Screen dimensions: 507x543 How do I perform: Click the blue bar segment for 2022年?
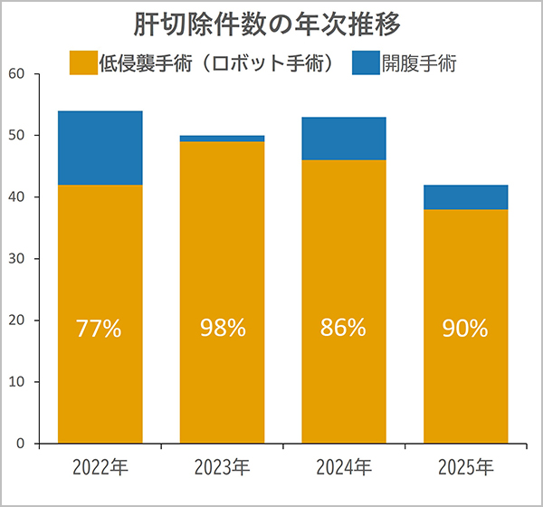pyautogui.click(x=100, y=148)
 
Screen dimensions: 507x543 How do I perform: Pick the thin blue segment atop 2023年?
pyautogui.click(x=223, y=139)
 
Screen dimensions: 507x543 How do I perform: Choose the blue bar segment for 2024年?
pyautogui.click(x=344, y=139)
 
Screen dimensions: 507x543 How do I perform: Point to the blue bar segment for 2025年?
pyautogui.click(x=465, y=197)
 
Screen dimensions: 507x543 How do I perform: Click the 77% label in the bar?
pyautogui.click(x=100, y=329)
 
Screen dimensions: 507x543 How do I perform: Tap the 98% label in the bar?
pyautogui.click(x=223, y=328)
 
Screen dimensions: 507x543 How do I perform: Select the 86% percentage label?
pyautogui.click(x=343, y=328)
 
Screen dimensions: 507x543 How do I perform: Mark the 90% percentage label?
pyautogui.click(x=465, y=329)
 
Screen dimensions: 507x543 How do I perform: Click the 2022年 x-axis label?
pyautogui.click(x=100, y=468)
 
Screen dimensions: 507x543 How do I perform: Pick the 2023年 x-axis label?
pyautogui.click(x=222, y=468)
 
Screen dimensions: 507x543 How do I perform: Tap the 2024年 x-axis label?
pyautogui.click(x=343, y=468)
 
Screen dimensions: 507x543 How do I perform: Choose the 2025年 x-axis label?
pyautogui.click(x=465, y=468)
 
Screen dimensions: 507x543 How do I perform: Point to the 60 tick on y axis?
pyautogui.click(x=15, y=73)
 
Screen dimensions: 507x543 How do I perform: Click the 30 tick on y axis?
pyautogui.click(x=15, y=259)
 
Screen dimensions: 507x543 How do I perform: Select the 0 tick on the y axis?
pyautogui.click(x=19, y=444)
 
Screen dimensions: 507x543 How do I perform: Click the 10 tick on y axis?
pyautogui.click(x=15, y=382)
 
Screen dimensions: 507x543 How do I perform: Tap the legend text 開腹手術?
pyautogui.click(x=418, y=62)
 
